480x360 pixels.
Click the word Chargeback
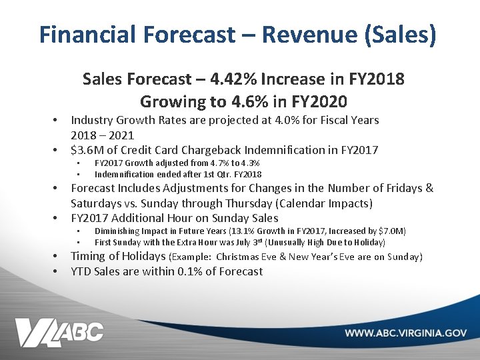click(x=211, y=150)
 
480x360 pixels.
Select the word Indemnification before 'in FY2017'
click(x=289, y=150)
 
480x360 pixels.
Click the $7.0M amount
click(x=393, y=231)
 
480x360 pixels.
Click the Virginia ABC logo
click(x=60, y=332)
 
